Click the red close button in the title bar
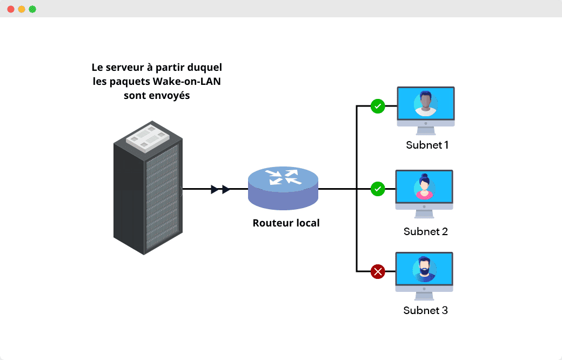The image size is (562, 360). click(x=11, y=9)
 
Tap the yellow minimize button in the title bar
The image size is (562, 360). click(x=22, y=9)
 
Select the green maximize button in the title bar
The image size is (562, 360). click(x=32, y=9)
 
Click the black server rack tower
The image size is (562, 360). click(x=147, y=195)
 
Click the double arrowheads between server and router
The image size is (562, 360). click(x=220, y=189)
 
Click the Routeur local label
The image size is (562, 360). click(x=286, y=223)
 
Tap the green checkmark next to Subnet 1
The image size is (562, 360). click(x=378, y=106)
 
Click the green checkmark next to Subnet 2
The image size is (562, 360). click(x=378, y=189)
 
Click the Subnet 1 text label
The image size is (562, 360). click(x=427, y=145)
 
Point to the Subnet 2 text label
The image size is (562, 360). click(x=426, y=231)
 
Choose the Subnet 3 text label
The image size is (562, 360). click(x=426, y=311)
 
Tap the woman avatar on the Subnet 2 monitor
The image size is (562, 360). click(x=425, y=187)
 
